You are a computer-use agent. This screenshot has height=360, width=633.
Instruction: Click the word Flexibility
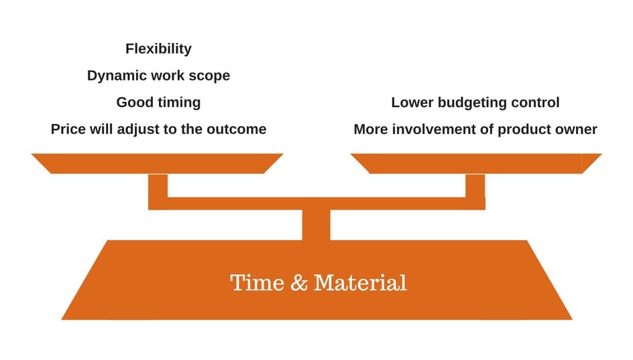click(x=158, y=49)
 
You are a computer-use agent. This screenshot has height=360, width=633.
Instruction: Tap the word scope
click(x=210, y=76)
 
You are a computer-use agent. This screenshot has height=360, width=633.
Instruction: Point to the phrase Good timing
click(x=158, y=103)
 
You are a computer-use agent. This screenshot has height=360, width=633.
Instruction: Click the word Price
click(x=68, y=129)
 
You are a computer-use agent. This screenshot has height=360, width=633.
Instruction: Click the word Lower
click(x=411, y=103)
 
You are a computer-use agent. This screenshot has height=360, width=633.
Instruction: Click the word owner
click(x=575, y=129)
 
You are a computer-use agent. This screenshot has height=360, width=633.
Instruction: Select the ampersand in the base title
click(x=299, y=282)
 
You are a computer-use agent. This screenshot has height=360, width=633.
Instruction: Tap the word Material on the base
click(x=360, y=282)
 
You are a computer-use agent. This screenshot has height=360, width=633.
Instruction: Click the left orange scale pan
click(x=158, y=163)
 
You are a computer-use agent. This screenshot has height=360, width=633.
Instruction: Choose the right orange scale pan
click(x=476, y=163)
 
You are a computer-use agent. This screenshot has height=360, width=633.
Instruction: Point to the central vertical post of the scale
click(x=316, y=225)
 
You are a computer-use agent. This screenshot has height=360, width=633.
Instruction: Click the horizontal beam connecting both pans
click(x=316, y=203)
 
